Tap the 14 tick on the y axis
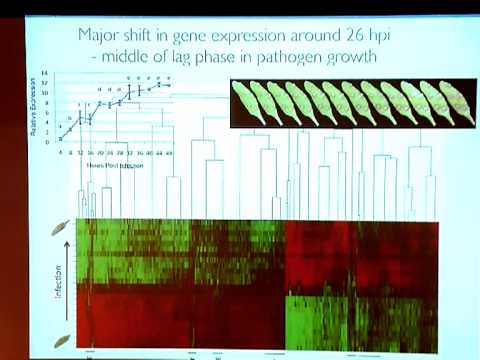pos(45,74)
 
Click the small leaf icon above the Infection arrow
pos(62,226)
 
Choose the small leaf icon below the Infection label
pos(61,340)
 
